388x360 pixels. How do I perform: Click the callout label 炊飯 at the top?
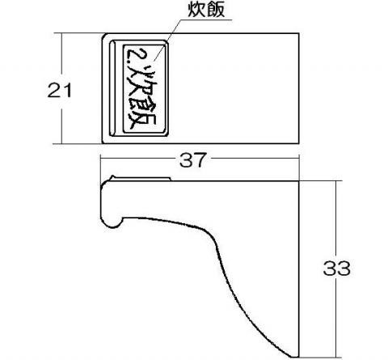pos(206,11)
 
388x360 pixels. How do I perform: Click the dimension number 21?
pos(60,91)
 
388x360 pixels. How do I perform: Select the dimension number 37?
pos(193,160)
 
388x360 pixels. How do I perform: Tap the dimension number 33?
pos(336,268)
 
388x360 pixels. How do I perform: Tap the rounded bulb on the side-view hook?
pos(112,221)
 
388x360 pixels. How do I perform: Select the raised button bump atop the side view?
pos(141,178)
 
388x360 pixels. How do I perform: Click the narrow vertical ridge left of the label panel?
pos(112,88)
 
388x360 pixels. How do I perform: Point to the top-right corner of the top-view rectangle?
pos(299,33)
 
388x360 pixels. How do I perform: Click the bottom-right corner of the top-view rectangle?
pos(299,143)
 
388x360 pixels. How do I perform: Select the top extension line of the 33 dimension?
pos(321,180)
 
